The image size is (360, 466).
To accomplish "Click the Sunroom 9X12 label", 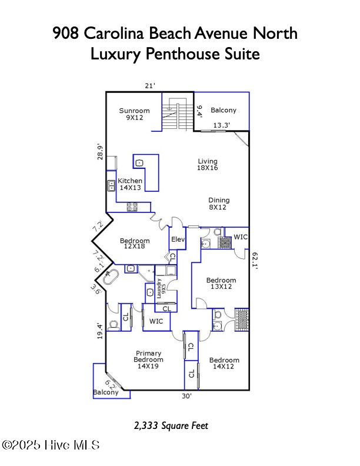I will pyautogui.click(x=134, y=114).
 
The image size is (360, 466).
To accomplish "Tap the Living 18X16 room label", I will pyautogui.click(x=207, y=165).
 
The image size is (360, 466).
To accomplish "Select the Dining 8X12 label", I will pyautogui.click(x=217, y=204).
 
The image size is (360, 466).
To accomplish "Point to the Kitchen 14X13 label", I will pyautogui.click(x=129, y=184).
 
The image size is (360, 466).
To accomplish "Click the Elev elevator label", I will pyautogui.click(x=178, y=239).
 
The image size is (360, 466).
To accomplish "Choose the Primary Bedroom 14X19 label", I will pyautogui.click(x=148, y=360).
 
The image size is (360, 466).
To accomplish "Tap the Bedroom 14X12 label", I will pyautogui.click(x=224, y=364).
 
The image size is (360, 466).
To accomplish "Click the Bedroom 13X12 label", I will pyautogui.click(x=221, y=284).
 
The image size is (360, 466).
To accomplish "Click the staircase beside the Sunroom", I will pyautogui.click(x=171, y=116).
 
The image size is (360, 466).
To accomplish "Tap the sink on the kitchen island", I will pyautogui.click(x=139, y=163).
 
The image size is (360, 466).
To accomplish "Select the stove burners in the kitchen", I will pyautogui.click(x=132, y=207).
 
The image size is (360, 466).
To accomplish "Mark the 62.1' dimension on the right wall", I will pyautogui.click(x=255, y=260).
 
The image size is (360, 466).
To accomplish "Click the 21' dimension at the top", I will pyautogui.click(x=150, y=86).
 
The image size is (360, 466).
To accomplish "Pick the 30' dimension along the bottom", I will pyautogui.click(x=186, y=396).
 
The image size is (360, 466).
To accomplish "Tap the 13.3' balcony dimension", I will pyautogui.click(x=221, y=125).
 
